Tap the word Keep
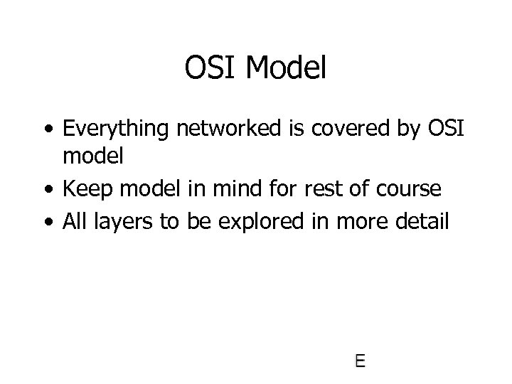[84, 190]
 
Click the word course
[407, 190]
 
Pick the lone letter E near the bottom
[360, 361]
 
